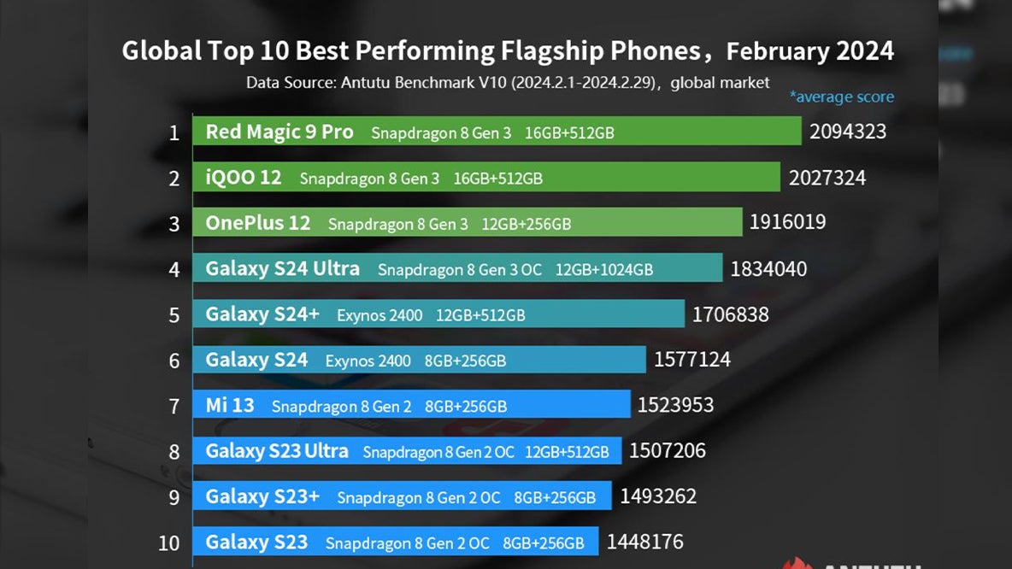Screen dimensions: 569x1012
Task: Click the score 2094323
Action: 848,132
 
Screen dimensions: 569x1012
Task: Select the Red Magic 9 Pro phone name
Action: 279,132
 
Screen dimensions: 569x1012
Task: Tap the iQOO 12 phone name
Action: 244,178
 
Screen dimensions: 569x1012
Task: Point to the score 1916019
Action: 787,223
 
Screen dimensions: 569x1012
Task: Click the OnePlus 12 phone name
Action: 258,224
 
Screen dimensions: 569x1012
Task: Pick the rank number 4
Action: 174,270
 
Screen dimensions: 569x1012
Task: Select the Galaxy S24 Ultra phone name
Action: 282,269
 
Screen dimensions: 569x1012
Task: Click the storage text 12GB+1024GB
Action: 604,270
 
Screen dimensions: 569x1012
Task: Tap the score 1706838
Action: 731,314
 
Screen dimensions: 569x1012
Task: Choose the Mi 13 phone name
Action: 230,405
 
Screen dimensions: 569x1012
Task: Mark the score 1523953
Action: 675,405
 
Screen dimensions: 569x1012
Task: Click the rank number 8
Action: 174,452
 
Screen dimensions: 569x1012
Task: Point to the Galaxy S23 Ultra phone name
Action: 277,451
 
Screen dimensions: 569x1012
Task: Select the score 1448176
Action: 645,542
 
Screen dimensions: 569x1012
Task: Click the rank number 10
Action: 169,543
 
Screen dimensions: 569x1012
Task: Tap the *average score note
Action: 841,97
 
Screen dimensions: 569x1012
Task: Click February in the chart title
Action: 777,51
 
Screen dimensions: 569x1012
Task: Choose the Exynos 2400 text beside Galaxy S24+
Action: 379,315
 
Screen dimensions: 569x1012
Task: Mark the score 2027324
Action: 827,178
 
